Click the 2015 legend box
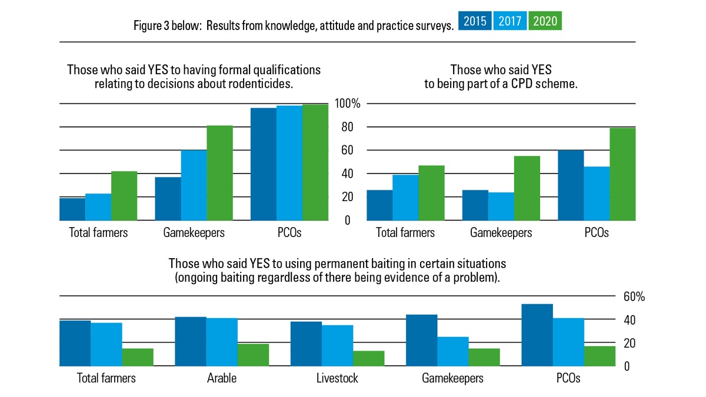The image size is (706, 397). pos(475,22)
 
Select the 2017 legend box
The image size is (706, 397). pos(510,22)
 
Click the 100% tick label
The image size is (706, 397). pos(347,104)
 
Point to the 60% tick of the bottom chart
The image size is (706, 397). pos(634,297)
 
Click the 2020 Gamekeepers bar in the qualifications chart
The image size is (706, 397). pos(219,173)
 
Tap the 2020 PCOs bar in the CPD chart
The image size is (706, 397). pos(622,174)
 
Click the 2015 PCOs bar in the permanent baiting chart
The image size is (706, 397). pos(537,335)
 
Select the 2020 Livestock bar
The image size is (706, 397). pos(369,358)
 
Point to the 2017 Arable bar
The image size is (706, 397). pos(222,342)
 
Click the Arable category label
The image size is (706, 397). pos(222,378)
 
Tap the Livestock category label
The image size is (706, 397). pos(337,378)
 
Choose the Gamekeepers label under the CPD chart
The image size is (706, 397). pos(501,233)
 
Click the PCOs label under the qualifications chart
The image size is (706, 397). pos(288,233)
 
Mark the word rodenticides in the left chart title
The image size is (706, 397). pos(260,84)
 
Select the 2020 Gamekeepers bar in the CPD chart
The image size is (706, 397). pos(527,188)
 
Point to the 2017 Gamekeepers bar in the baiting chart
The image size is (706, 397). pos(452,351)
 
